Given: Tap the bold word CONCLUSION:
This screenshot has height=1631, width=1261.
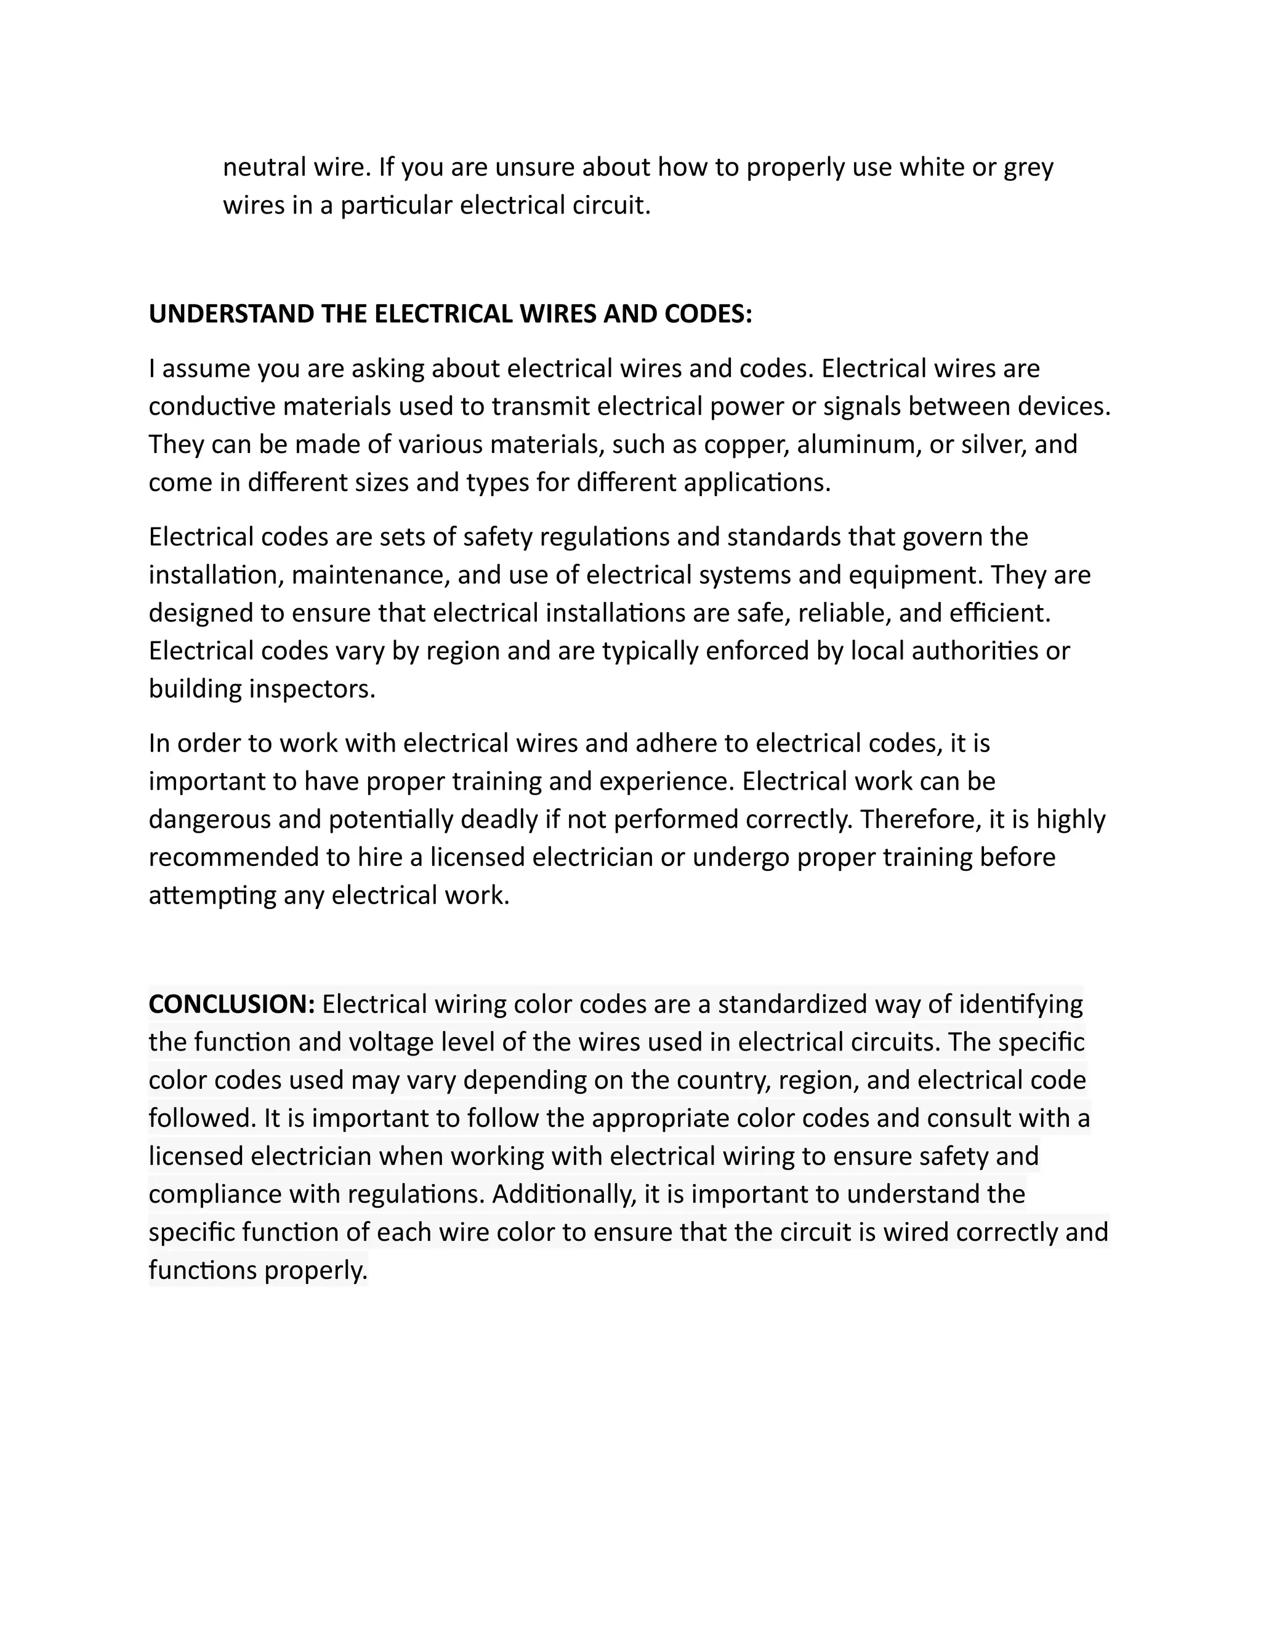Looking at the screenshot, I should pos(232,1004).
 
